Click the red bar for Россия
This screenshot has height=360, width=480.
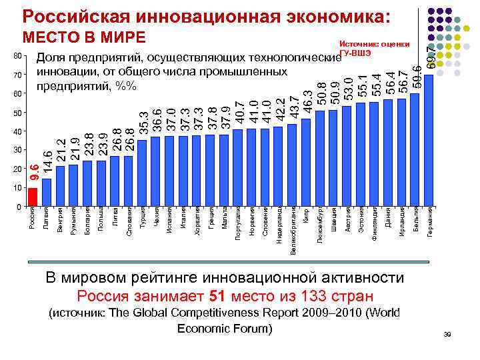point(32,198)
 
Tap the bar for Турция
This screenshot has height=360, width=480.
point(141,173)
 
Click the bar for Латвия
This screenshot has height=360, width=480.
point(46,193)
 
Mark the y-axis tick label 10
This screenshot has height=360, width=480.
point(18,189)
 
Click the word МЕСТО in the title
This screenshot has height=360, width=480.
point(52,37)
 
